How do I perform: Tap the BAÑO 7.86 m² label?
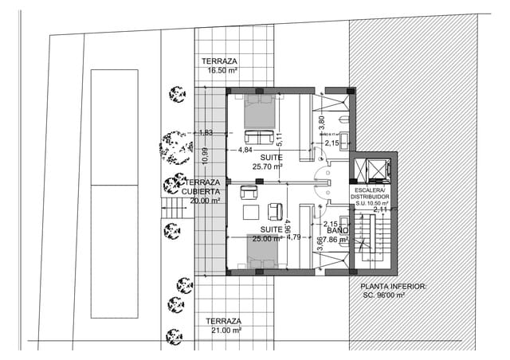click(334, 233)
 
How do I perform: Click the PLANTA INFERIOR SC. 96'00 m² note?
click(394, 290)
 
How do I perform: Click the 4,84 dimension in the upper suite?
click(245, 149)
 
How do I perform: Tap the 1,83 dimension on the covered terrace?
click(206, 133)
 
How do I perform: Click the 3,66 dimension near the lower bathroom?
click(320, 245)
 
